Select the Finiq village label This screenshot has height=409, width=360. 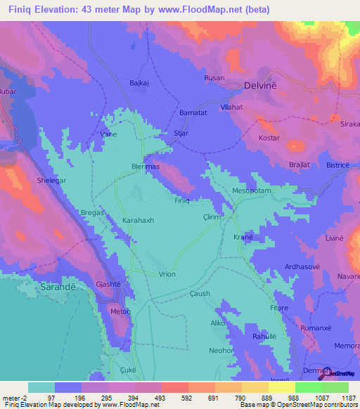[x=182, y=200]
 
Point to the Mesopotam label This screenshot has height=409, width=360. [x=251, y=191]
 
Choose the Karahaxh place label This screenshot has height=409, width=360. [x=138, y=220]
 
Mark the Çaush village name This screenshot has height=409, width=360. [x=200, y=294]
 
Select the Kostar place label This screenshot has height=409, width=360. [x=269, y=138]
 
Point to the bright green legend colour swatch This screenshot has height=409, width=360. [x=308, y=387]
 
